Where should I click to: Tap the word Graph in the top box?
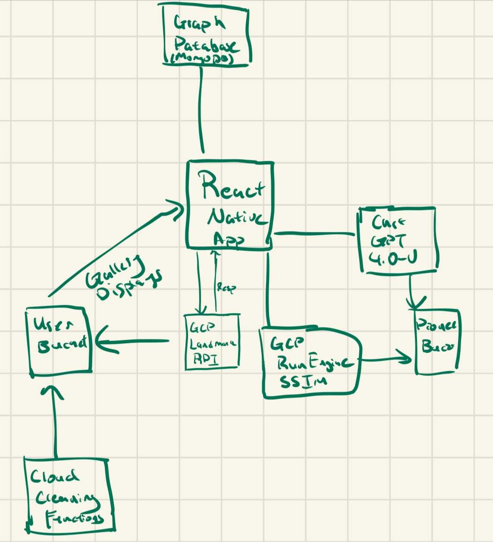(x=199, y=24)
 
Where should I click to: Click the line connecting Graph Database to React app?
(x=201, y=108)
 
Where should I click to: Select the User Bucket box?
(x=60, y=340)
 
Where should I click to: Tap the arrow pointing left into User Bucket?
(x=129, y=341)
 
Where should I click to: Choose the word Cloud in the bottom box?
(x=54, y=476)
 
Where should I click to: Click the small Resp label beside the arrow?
(x=226, y=288)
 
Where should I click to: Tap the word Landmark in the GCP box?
(x=213, y=344)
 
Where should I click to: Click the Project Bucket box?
(x=436, y=341)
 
